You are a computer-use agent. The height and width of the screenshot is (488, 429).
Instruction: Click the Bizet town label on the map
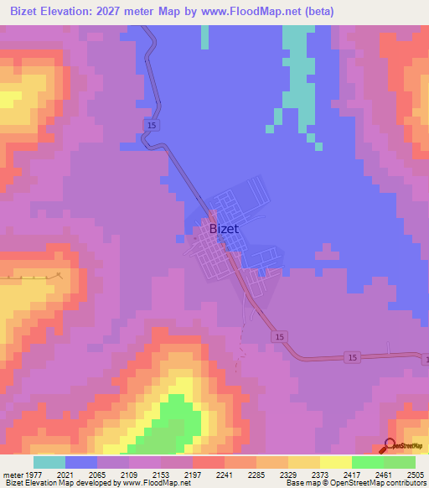coord(223,228)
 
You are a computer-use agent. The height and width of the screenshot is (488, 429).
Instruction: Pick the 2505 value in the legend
coord(415,475)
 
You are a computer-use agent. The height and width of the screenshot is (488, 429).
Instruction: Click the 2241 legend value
coord(224,475)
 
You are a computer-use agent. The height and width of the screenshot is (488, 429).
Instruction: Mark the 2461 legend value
coord(383,475)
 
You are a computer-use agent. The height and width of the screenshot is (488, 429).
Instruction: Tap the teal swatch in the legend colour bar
coord(49,462)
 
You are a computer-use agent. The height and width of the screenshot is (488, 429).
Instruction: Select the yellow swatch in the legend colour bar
coord(335,462)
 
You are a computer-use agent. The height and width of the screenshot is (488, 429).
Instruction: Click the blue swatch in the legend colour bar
coord(81,462)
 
